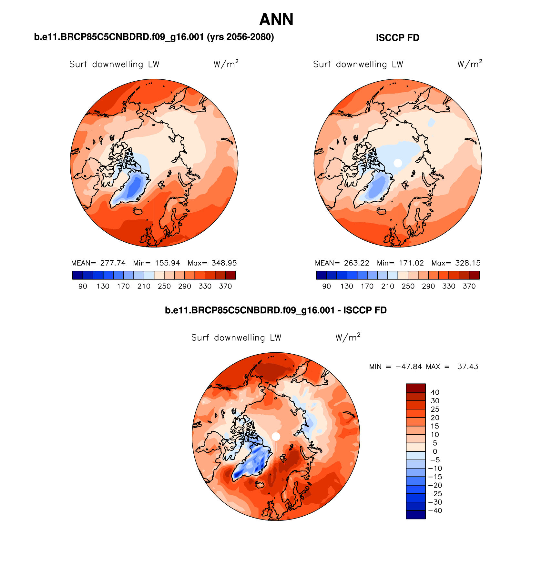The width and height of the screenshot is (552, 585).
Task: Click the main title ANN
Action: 276,20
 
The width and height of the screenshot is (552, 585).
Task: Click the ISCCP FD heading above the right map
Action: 397,38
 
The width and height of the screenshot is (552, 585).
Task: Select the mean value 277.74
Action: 113,263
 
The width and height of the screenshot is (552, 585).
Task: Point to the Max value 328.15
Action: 468,263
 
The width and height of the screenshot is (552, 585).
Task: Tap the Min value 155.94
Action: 168,263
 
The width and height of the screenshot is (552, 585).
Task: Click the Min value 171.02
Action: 411,263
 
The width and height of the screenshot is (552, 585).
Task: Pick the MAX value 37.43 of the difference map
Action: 468,367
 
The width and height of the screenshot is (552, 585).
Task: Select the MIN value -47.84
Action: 409,367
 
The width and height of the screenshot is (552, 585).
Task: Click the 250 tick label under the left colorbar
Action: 164,286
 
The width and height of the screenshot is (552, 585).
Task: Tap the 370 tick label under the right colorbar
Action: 469,286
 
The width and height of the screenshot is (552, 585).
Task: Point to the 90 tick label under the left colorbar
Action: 83,286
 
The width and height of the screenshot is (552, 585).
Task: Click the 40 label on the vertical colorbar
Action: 435,392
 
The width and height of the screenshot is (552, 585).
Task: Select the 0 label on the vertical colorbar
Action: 435,451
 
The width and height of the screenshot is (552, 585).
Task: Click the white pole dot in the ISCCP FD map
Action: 398,163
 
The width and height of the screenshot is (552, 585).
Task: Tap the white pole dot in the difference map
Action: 276,436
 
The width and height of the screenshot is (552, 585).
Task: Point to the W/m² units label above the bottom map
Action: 348,337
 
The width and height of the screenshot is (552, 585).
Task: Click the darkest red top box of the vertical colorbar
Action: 415,388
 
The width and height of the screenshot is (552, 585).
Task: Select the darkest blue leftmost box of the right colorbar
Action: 322,275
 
